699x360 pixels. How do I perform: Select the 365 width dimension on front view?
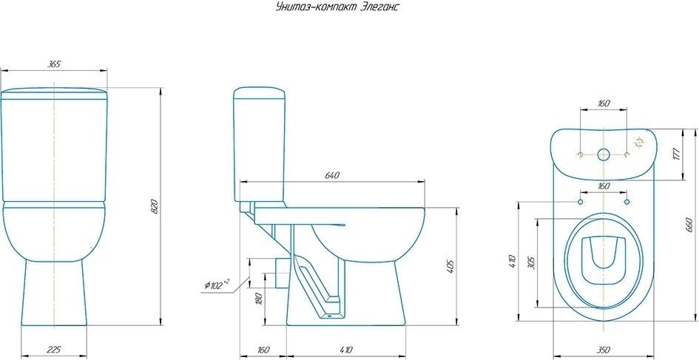coord(54,64)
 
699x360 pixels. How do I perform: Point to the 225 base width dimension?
coord(54,350)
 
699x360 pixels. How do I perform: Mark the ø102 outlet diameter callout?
coord(217,283)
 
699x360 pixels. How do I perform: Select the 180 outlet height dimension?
coord(259,299)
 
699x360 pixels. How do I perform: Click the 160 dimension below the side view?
coord(264,350)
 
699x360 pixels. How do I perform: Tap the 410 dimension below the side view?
coord(345,350)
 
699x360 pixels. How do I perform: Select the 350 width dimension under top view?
coord(603,350)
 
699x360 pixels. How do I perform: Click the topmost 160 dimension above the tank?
coord(603,103)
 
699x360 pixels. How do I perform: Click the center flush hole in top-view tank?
coord(603,154)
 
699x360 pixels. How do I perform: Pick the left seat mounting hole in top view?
coord(580,202)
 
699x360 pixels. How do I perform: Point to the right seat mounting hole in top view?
coord(627,202)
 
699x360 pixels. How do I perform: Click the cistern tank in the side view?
coord(259,144)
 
